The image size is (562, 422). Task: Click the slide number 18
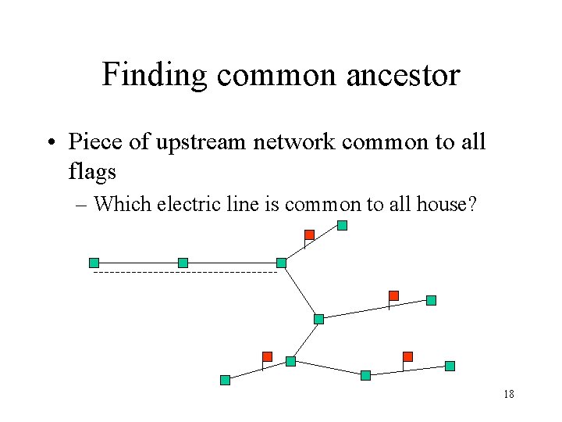point(509,395)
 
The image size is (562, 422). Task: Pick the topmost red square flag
point(309,234)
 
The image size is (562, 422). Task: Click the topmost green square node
point(342,226)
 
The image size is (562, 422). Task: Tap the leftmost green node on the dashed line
point(94,263)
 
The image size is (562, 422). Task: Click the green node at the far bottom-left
point(225,381)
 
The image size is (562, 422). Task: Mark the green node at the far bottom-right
point(450,366)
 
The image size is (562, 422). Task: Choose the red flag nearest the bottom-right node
point(407,356)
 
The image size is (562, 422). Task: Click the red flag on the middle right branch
point(393,295)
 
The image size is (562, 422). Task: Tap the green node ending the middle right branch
point(431,300)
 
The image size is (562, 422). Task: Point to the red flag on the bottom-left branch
point(267,356)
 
